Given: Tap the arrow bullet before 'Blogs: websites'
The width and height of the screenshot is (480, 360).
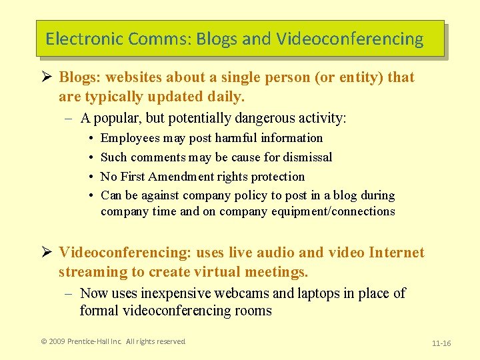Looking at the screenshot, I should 47,77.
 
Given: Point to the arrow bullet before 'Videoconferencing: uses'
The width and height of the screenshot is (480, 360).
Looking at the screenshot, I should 47,253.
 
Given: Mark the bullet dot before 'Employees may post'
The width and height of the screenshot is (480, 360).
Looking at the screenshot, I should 90,138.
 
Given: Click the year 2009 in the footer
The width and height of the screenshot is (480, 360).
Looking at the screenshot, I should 57,341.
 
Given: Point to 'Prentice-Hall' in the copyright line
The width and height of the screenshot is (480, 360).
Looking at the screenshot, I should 90,341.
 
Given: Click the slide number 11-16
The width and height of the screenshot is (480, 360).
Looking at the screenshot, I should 441,343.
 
